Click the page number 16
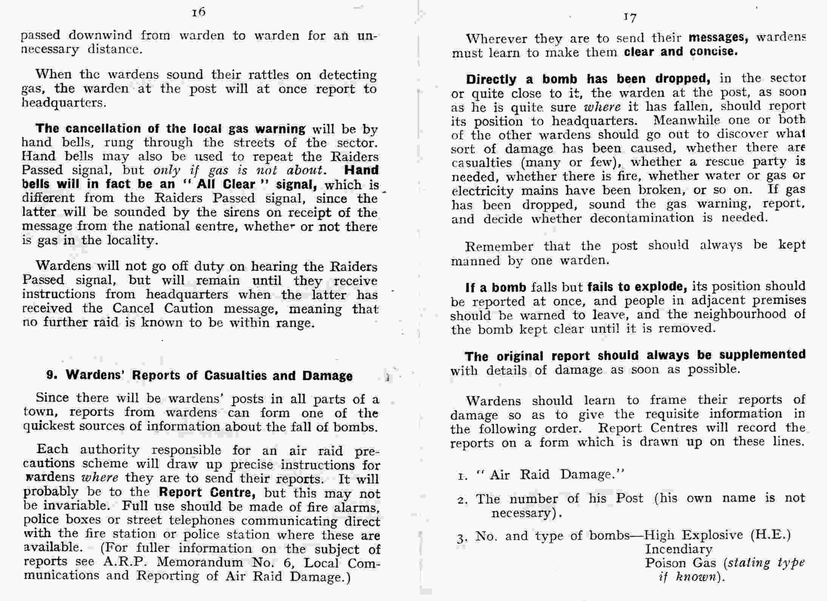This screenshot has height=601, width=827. point(198,12)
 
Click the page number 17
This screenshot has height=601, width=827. point(630,17)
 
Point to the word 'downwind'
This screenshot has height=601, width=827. point(100,35)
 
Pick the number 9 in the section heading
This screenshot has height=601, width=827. point(52,375)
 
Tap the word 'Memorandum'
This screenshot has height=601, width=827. point(200,562)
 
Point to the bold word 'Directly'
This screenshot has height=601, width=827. point(491,79)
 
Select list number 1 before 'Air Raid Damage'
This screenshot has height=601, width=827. point(461,476)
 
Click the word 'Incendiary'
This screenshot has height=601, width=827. point(679,549)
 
